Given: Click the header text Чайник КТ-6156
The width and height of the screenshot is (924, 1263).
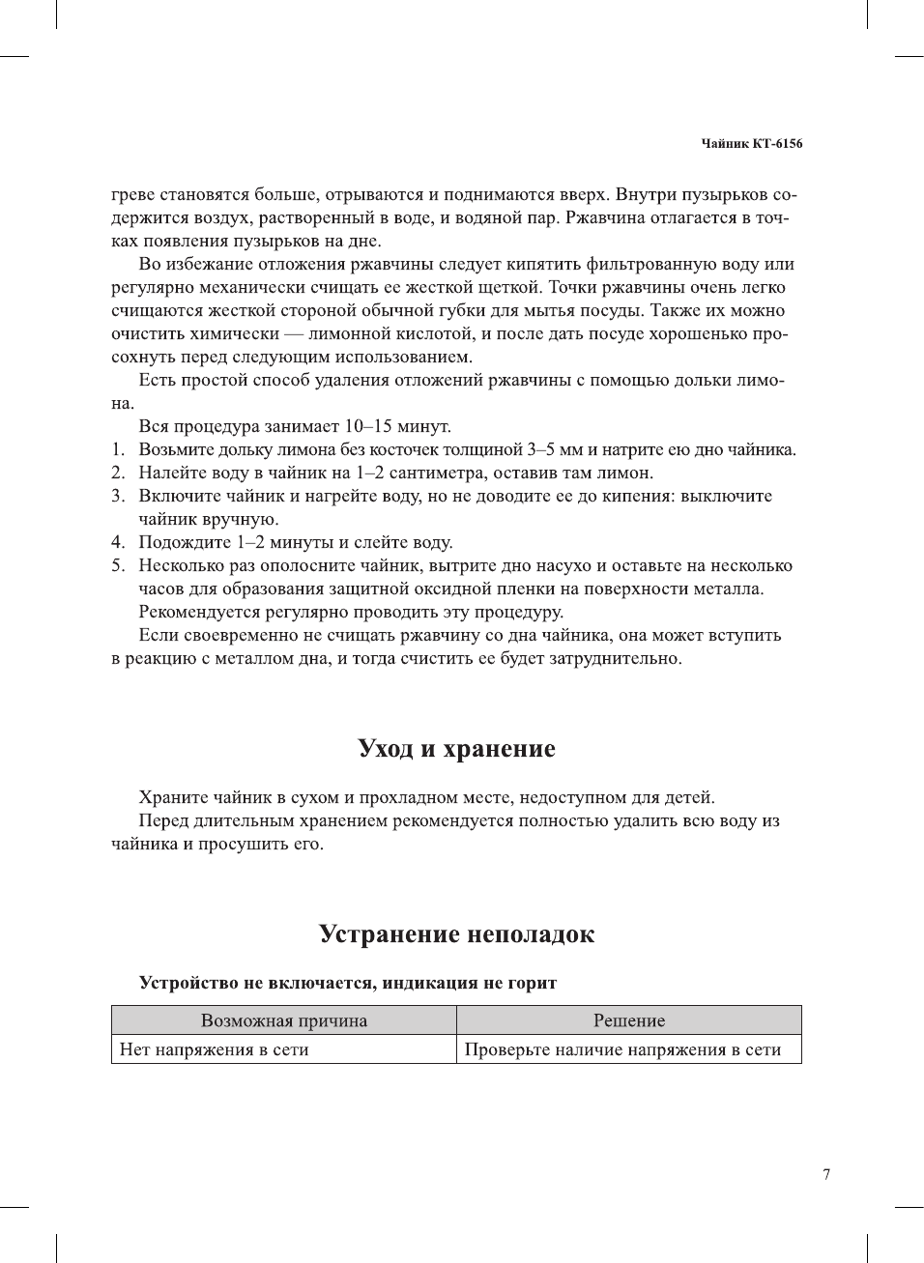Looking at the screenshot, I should pos(751,143).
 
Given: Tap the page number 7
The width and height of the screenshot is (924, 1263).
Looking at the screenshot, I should pos(825,1174).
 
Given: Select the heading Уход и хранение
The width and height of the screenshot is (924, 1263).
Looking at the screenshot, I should pos(456,749).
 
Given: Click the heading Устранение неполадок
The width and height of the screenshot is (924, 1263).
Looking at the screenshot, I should pos(456,934).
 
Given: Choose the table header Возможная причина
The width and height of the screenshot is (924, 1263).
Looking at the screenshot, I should pos(283,1020).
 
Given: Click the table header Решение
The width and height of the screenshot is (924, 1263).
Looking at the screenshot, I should pos(628,1020).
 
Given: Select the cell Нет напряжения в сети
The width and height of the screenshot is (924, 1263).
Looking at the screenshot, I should pos(214,1049).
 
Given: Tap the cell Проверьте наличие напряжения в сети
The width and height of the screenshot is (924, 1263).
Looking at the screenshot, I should pos(622,1049).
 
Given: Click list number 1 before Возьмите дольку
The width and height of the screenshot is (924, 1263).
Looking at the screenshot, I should pos(117,449).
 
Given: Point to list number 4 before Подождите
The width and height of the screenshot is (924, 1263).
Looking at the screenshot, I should pos(117,542).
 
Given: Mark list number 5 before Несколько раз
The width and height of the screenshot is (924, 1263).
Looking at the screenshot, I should pos(117,565).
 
